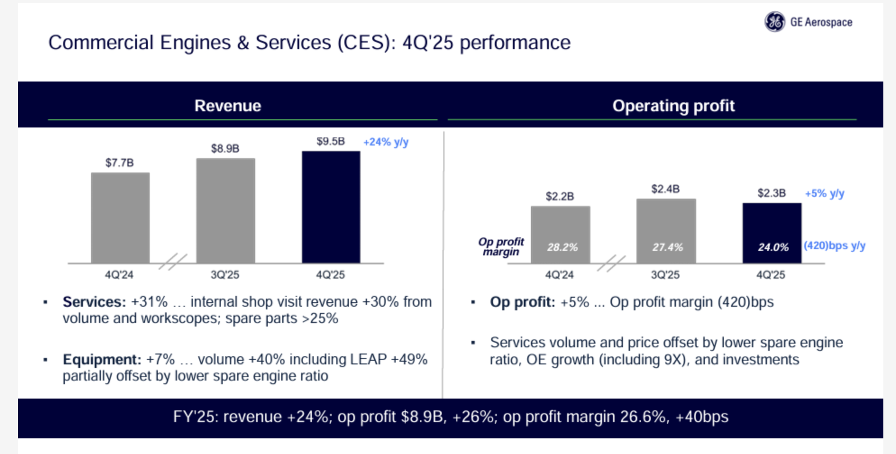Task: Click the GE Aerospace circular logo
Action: click(x=775, y=22)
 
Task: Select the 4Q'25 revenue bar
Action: click(x=331, y=207)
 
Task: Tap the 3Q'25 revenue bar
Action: click(x=225, y=210)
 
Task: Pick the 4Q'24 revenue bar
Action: click(x=120, y=218)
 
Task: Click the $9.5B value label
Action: click(x=330, y=141)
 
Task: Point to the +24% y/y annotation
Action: click(x=386, y=142)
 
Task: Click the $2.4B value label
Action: click(x=665, y=189)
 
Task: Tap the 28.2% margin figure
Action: click(x=562, y=247)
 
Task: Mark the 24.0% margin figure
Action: click(x=773, y=247)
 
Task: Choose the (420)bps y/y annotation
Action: click(x=834, y=246)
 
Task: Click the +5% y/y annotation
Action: click(x=824, y=194)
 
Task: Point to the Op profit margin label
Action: click(x=501, y=247)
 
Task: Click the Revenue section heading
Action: click(x=228, y=106)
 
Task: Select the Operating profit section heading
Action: click(x=673, y=106)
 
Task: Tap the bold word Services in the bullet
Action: click(x=94, y=302)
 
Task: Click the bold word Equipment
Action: click(x=102, y=359)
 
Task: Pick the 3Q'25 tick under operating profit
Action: click(x=665, y=275)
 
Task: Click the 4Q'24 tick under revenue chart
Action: click(x=119, y=275)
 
